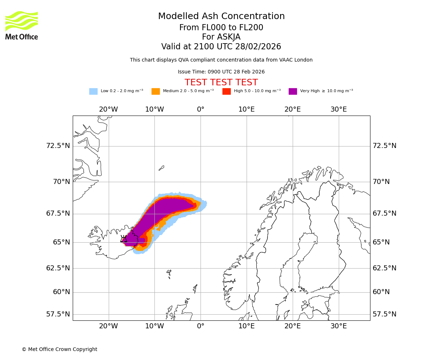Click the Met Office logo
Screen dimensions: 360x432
click(22, 25)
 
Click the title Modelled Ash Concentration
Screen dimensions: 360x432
click(221, 17)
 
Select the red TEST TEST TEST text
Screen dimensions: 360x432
click(221, 83)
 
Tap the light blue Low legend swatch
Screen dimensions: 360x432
click(93, 91)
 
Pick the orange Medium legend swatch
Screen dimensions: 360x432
click(156, 91)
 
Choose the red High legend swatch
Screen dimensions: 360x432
click(226, 91)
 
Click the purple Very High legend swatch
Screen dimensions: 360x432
click(293, 91)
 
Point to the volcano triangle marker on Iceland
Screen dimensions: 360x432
click(123, 239)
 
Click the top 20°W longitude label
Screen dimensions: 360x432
click(108, 109)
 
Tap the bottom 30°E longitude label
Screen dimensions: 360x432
click(338, 326)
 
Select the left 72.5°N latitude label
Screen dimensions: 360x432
click(58, 146)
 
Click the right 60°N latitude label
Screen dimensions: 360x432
click(381, 292)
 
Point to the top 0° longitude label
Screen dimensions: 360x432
click(201, 109)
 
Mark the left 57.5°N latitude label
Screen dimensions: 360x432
click(58, 314)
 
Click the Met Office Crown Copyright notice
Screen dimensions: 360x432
click(59, 349)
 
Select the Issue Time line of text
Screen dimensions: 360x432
click(221, 72)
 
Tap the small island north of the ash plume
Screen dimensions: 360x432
click(161, 168)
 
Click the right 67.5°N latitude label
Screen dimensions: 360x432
click(384, 213)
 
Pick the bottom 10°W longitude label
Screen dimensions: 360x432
click(154, 326)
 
